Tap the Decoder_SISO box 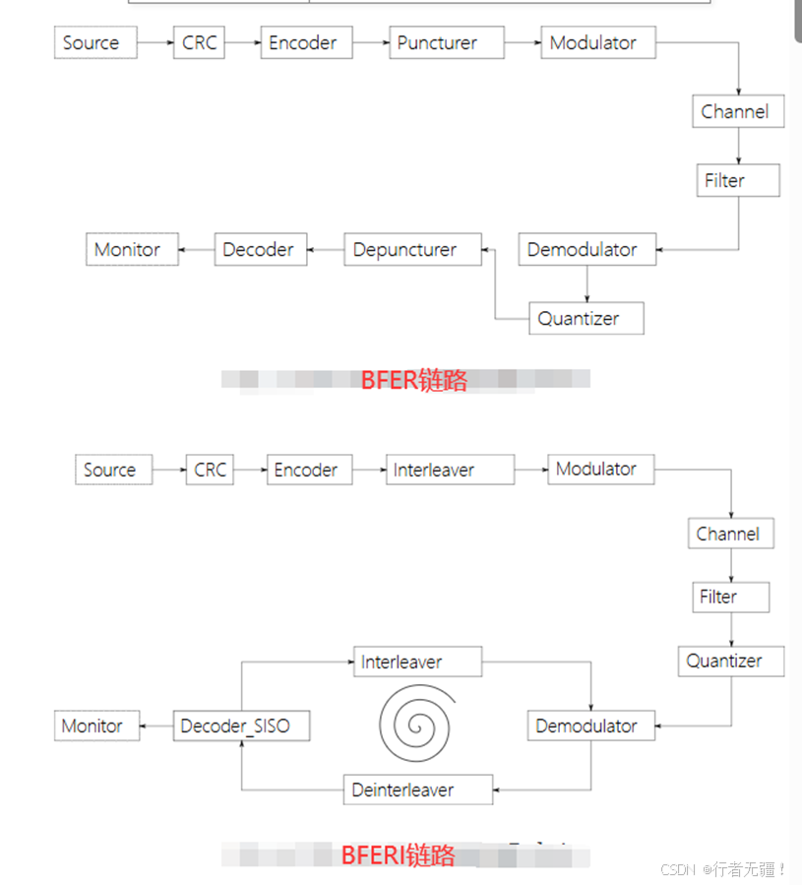242,727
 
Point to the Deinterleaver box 403,790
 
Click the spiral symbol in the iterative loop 416,725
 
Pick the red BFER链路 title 413,380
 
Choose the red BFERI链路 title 398,855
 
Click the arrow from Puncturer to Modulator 523,43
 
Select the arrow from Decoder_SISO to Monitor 156,727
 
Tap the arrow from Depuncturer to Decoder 326,250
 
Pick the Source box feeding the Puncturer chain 94,43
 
